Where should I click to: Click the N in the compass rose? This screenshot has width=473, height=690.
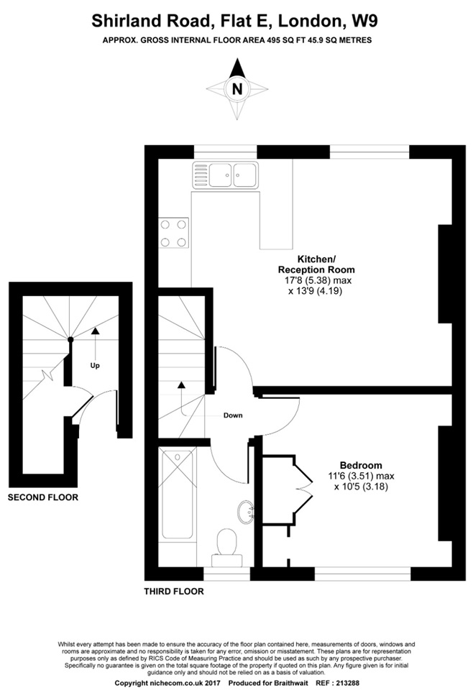pos(236,89)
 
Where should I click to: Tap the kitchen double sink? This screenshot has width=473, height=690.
pos(225,173)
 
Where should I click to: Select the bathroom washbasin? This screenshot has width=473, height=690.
pos(245,513)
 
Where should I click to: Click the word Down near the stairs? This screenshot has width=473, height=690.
pos(233,415)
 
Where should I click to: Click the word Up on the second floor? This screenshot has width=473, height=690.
pos(95,365)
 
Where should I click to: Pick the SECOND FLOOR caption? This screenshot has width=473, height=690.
pos(43,497)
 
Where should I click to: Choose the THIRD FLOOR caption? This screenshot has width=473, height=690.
pos(174,592)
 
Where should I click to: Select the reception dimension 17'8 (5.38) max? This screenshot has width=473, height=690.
pos(317,280)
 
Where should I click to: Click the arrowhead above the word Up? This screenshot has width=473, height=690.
pos(95,331)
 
